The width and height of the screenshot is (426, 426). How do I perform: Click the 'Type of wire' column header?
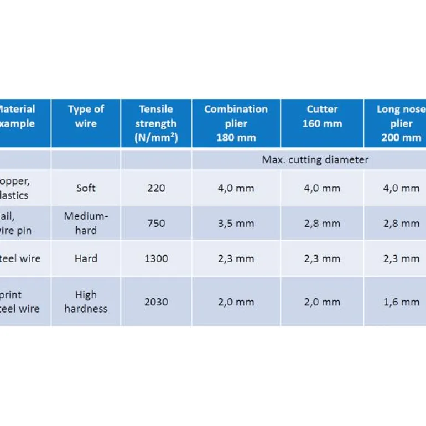pos(86,116)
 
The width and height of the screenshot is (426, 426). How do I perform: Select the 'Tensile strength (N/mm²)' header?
pos(155,123)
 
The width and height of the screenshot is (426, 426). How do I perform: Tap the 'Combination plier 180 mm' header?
pos(236,123)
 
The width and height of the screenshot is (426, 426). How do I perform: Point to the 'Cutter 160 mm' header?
pos(322,116)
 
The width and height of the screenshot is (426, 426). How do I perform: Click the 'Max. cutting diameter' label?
pos(315,160)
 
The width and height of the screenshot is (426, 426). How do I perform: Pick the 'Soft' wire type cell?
pos(86,188)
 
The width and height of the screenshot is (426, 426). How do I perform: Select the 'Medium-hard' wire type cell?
pos(86,223)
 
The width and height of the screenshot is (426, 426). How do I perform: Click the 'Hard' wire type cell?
pos(86,258)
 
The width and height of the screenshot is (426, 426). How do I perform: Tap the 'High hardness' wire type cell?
pos(86,302)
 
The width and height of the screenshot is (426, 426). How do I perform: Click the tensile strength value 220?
pos(155,188)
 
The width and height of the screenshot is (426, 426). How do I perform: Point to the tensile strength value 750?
pos(155,224)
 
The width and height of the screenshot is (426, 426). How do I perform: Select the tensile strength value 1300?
pos(155,258)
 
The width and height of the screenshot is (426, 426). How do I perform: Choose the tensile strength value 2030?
pos(155,302)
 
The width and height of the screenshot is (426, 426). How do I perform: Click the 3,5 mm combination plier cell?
pos(236,224)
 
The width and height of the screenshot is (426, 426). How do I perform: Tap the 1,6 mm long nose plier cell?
pos(401,302)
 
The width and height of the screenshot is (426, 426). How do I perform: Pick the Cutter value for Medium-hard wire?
pos(322,224)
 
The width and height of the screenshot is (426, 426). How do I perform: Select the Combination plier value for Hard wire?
pos(236,258)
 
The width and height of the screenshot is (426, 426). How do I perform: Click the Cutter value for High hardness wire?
pos(322,302)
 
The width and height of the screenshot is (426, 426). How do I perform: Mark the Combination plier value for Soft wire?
pos(236,188)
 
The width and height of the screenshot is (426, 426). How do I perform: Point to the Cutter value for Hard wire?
pos(322,258)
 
